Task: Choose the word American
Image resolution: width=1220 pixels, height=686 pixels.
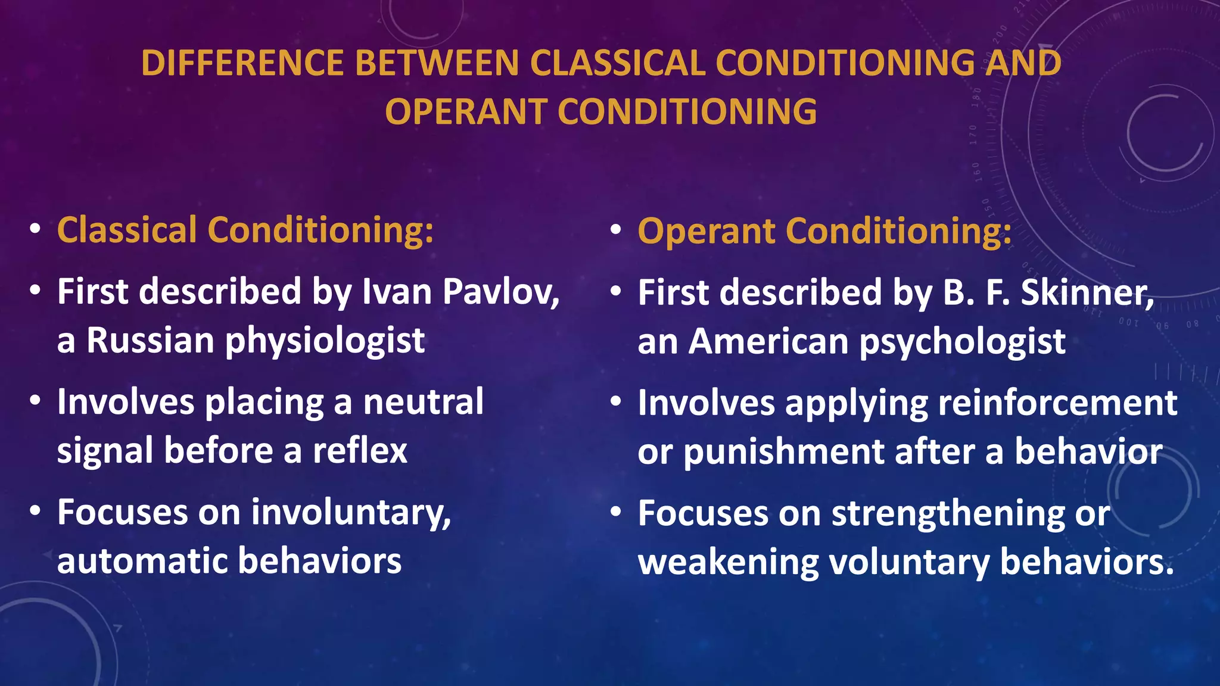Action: point(768,342)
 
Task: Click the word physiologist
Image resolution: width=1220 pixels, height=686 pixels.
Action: point(325,342)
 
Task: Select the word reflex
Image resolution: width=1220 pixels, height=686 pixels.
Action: point(360,450)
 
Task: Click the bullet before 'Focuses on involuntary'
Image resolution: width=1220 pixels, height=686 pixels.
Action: point(35,511)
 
